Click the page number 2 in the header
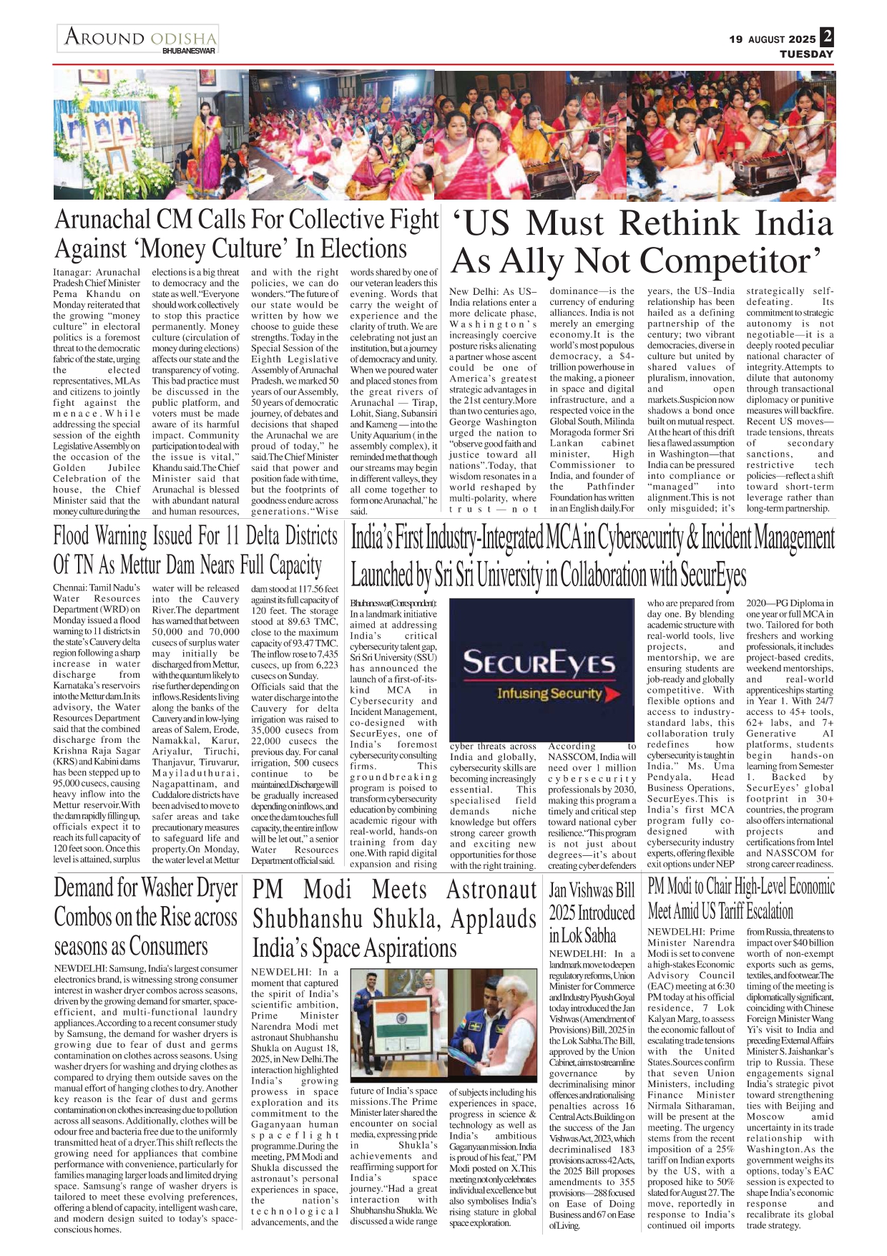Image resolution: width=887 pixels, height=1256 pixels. pos(827,37)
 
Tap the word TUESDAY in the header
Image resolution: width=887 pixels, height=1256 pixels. pos(806,54)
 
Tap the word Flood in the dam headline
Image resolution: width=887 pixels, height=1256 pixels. pos(71,536)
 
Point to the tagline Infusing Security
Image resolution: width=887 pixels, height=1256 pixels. pos(549,693)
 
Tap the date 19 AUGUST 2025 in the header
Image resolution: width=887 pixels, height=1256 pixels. pos(772,39)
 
